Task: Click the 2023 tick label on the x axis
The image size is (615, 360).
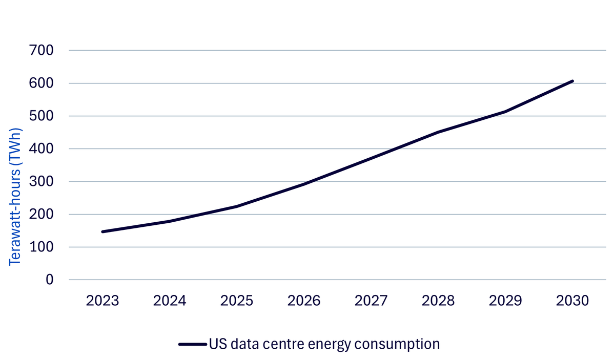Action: [x=102, y=301]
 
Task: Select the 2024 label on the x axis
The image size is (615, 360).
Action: [x=170, y=301]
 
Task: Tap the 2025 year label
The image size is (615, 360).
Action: [x=237, y=301]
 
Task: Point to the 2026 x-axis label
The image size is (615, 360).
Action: [x=304, y=301]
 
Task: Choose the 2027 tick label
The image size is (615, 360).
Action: [x=371, y=301]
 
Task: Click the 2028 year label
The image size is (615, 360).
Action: [x=438, y=301]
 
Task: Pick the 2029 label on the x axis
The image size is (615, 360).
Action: [x=505, y=301]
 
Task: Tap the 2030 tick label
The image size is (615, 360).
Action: [x=572, y=301]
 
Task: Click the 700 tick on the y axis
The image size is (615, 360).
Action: [x=41, y=51]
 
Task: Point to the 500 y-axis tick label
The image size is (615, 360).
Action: [x=41, y=116]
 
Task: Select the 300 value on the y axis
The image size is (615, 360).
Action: [x=41, y=182]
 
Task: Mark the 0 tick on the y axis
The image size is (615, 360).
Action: [x=50, y=280]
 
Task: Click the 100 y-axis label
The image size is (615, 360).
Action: [x=41, y=247]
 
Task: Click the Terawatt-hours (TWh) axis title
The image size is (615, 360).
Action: [x=15, y=197]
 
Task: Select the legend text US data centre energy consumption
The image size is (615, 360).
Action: [x=324, y=344]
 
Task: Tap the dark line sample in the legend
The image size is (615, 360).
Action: [x=193, y=344]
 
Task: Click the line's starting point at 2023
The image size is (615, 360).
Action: [x=102, y=232]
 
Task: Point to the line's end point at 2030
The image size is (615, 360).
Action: [x=572, y=81]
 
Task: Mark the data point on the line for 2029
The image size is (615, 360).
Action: [x=505, y=112]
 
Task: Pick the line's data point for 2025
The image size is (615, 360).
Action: [x=237, y=206]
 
